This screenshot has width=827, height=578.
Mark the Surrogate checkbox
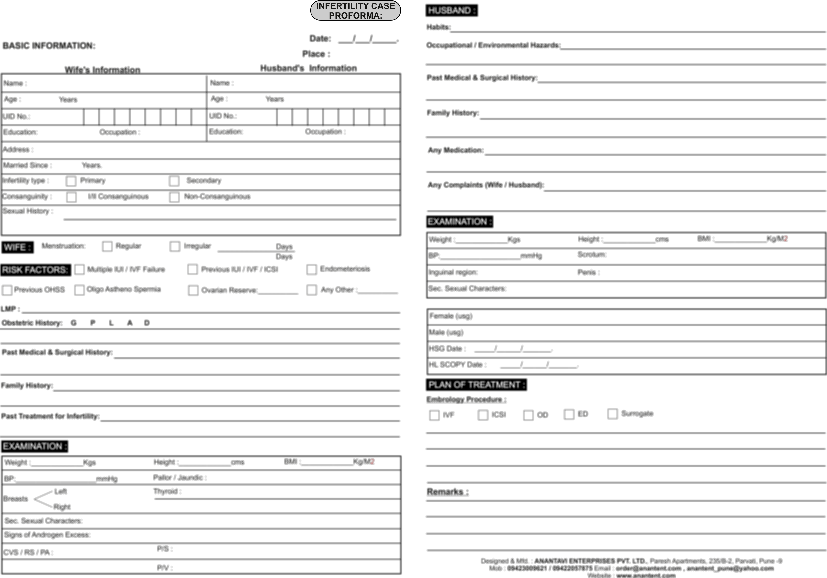[x=612, y=414]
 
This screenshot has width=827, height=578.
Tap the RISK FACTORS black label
[x=35, y=270]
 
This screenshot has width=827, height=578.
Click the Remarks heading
[x=447, y=492]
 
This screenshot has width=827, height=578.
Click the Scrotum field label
[x=592, y=255]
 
